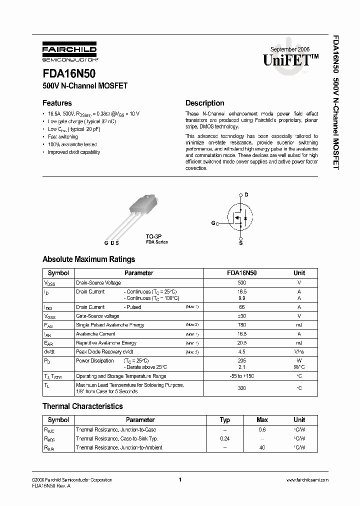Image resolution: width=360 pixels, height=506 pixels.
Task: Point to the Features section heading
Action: pos(57,103)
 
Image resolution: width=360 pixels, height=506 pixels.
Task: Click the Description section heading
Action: pos(204,103)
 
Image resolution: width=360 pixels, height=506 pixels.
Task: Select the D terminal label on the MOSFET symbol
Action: pos(246,194)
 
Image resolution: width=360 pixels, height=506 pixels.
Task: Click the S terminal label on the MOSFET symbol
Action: pos(240,242)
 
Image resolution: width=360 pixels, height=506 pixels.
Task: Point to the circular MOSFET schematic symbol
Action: pos(240,218)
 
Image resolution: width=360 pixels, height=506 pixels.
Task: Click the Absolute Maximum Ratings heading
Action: pos(88,259)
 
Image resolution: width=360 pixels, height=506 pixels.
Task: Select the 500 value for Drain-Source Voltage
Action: pos(242,283)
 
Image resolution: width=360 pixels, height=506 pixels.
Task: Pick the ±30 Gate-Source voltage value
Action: pos(242,316)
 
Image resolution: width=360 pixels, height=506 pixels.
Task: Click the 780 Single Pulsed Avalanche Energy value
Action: pos(242,325)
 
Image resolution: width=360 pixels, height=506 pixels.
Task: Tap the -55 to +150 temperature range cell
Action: pos(242,375)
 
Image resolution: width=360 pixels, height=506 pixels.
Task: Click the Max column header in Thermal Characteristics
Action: pos(262,420)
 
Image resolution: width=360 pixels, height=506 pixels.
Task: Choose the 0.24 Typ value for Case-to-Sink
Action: pos(225,438)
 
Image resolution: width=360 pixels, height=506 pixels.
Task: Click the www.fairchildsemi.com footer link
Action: pos(307,480)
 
